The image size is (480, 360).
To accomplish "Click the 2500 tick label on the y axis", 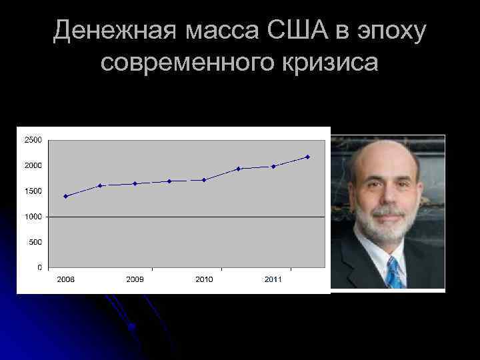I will pos(33,140).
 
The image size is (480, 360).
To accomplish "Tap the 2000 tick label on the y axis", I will pos(33,165).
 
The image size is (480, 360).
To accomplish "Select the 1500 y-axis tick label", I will pos(33,191).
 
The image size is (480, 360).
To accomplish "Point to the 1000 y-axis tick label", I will pos(33,217).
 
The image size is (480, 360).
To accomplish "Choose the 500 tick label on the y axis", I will pos(35,242).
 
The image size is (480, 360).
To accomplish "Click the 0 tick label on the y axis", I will pos(39,267).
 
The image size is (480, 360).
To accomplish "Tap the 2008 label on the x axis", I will pos(65,279).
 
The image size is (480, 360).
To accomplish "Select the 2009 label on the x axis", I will pos(135,279).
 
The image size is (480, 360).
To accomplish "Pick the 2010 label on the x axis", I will pos(204,279).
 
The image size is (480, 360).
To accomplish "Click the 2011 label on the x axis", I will pos(273,279).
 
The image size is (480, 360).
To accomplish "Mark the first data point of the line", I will pos(65,196).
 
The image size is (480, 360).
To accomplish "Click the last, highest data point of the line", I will pos(307,157).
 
